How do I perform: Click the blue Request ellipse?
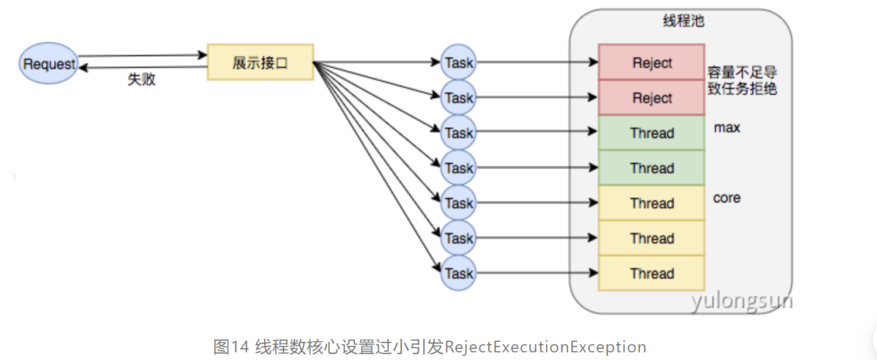49,63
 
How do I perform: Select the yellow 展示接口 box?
261,62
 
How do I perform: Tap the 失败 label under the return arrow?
142,79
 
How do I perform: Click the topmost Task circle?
458,62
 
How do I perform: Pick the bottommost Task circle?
458,273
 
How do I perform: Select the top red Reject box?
652,62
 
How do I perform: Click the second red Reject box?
652,98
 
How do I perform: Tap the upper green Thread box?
652,133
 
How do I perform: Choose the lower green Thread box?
652,168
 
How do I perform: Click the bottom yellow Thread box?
652,273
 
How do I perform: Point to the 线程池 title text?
683,21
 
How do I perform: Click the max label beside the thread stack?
727,127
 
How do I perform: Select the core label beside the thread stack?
727,198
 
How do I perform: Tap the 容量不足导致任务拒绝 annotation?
742,81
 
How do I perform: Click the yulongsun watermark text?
741,301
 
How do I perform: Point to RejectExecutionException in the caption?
545,347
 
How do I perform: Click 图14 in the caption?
232,347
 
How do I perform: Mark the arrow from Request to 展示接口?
143,56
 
